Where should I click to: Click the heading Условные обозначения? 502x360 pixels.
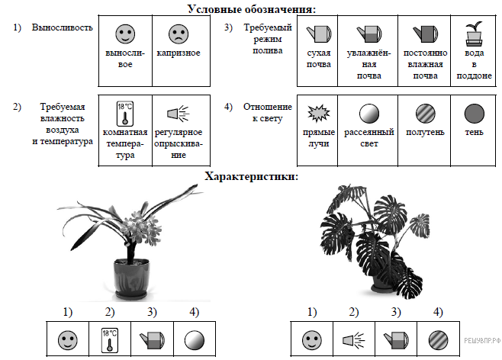[251, 8]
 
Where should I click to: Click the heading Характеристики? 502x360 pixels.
[251, 176]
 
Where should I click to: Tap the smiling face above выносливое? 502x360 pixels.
[125, 34]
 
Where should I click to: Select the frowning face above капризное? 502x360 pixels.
[178, 34]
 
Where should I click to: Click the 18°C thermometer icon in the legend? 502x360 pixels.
[124, 114]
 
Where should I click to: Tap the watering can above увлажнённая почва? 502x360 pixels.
[369, 34]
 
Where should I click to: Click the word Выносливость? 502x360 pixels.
[63, 27]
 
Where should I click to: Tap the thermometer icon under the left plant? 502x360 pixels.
[110, 339]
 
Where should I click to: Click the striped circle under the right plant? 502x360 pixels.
[436, 339]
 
